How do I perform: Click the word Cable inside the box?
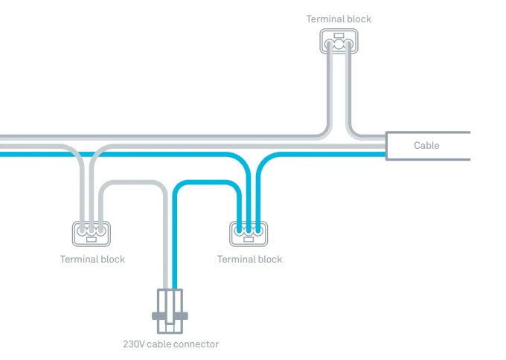(x=426, y=146)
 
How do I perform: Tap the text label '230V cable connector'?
(x=170, y=344)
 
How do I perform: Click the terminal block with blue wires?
(x=249, y=233)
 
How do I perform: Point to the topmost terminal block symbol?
(x=339, y=41)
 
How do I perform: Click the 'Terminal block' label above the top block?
(x=339, y=19)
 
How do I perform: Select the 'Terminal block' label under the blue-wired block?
(x=249, y=260)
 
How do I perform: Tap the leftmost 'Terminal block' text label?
(x=92, y=260)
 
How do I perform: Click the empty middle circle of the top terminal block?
(x=339, y=45)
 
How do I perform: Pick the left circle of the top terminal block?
(x=330, y=45)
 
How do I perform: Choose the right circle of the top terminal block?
(x=348, y=45)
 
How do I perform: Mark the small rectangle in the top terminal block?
(x=339, y=35)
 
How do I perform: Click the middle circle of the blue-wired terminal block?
(x=249, y=231)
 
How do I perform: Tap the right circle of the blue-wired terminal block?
(x=258, y=231)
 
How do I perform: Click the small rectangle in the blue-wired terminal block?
(x=249, y=240)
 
